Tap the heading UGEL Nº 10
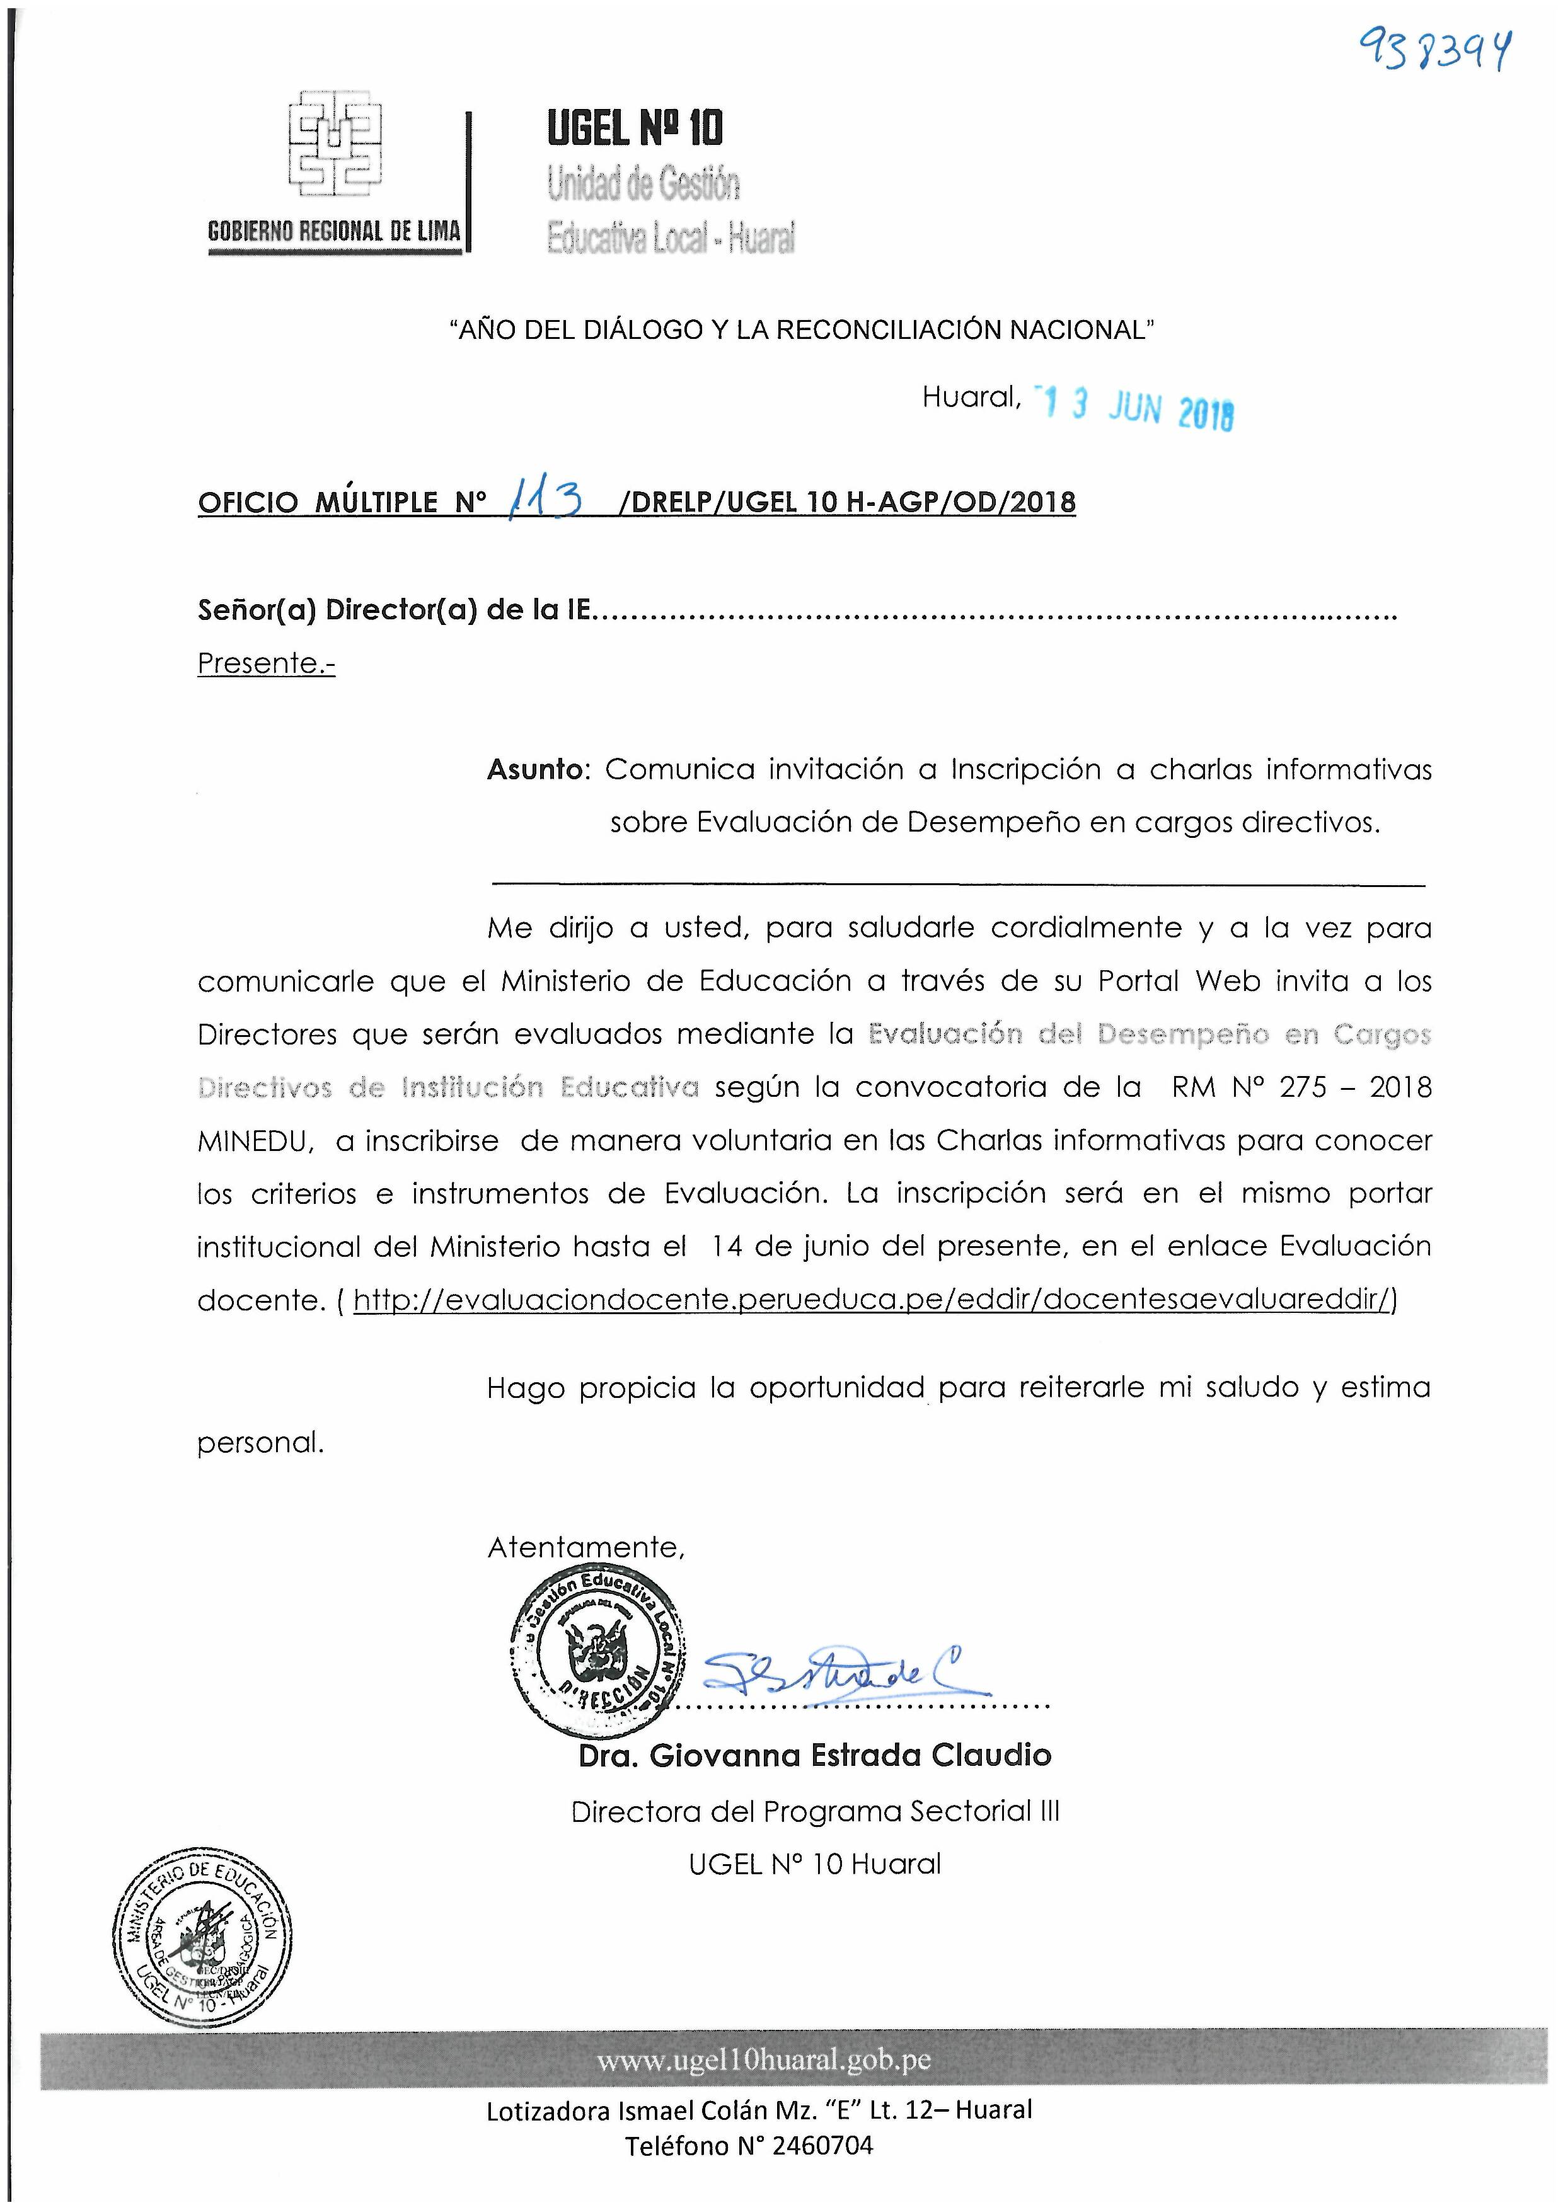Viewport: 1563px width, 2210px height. pos(635,128)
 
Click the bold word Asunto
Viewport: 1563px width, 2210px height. pos(536,769)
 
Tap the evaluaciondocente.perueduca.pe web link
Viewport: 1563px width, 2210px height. pos(874,1300)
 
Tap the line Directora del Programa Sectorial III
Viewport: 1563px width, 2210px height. pos(815,1811)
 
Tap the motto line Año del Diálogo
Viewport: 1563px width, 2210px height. pos(801,330)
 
